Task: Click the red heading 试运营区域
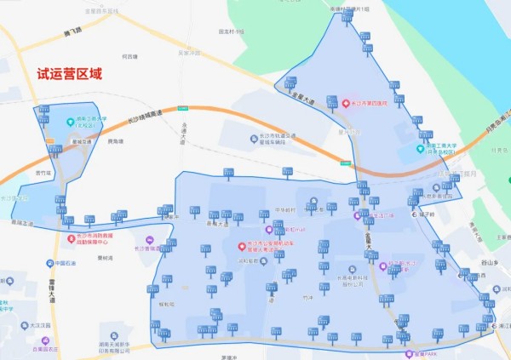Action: pos(69,74)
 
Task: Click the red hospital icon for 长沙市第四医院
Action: pos(347,103)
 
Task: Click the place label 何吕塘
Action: pos(129,57)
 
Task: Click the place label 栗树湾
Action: pos(106,258)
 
